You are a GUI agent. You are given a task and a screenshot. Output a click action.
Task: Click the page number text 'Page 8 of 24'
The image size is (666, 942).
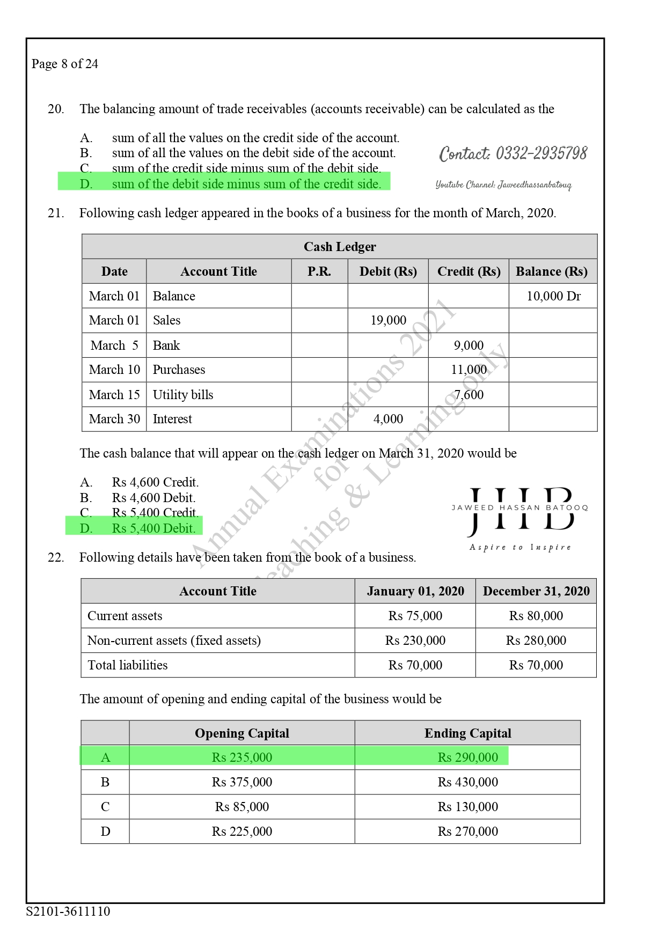[65, 64]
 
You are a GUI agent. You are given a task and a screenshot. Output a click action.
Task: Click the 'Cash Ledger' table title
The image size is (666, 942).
[340, 247]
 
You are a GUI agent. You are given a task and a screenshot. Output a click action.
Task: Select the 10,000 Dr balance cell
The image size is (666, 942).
[553, 296]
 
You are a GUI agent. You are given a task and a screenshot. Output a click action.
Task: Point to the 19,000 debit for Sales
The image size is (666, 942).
[388, 320]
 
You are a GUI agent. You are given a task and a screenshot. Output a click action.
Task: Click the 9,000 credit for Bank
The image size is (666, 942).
[469, 345]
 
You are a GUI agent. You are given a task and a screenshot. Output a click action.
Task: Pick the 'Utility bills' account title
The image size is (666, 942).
[183, 395]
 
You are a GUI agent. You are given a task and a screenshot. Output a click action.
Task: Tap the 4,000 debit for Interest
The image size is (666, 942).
[388, 419]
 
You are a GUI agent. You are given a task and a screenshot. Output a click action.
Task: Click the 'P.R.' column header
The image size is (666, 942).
[319, 271]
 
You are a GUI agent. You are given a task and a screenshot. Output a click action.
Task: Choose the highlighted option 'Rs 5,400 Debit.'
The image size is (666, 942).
[153, 528]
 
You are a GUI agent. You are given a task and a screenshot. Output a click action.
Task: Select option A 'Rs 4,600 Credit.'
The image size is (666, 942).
[155, 482]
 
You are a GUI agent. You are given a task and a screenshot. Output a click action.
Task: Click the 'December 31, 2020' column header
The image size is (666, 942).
[536, 591]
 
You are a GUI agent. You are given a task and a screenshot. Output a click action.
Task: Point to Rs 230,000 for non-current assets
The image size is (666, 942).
[415, 641]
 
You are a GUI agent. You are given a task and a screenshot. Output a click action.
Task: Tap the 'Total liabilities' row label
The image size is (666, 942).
[128, 665]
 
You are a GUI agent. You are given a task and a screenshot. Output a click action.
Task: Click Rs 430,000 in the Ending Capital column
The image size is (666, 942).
[467, 782]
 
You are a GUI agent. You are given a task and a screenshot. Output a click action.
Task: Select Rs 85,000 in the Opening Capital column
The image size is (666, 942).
[242, 807]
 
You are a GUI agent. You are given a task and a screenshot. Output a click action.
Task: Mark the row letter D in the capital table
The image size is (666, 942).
[105, 831]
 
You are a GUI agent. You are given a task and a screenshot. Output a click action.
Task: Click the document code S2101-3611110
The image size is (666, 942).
[68, 911]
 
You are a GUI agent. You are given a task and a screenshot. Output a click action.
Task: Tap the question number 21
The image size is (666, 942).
[56, 214]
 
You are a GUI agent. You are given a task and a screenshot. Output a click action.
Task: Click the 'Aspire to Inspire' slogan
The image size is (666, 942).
[520, 547]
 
